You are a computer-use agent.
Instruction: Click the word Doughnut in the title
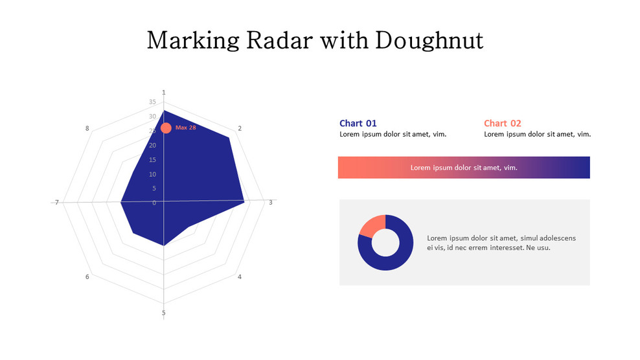click(x=429, y=41)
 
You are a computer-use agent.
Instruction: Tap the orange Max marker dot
click(x=166, y=128)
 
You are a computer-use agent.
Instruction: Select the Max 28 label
click(x=186, y=128)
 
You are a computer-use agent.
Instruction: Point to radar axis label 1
click(x=163, y=93)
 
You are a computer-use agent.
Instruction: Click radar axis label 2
click(x=240, y=128)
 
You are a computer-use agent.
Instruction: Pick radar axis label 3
click(x=271, y=203)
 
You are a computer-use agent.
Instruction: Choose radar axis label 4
click(x=240, y=277)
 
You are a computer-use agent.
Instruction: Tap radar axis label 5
click(x=163, y=313)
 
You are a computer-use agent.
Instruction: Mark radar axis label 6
click(x=87, y=277)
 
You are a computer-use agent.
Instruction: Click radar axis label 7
click(x=57, y=203)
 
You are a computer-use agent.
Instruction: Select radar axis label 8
click(x=87, y=128)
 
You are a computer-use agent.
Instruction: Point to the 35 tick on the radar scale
click(x=152, y=102)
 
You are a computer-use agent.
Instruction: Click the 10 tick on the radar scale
click(x=152, y=174)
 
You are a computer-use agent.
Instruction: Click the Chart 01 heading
click(x=358, y=123)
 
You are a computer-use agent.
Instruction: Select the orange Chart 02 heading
click(x=502, y=123)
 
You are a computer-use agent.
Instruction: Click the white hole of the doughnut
click(x=385, y=242)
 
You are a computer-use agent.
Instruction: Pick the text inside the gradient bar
click(x=464, y=168)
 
